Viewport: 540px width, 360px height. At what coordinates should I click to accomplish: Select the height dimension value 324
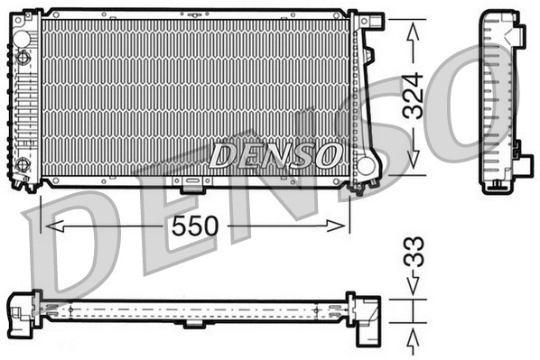(414, 96)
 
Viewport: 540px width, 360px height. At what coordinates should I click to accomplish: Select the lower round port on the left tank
(23, 165)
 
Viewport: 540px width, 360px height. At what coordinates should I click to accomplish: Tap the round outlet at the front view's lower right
(366, 166)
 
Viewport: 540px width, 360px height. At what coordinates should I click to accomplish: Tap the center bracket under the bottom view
(193, 324)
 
